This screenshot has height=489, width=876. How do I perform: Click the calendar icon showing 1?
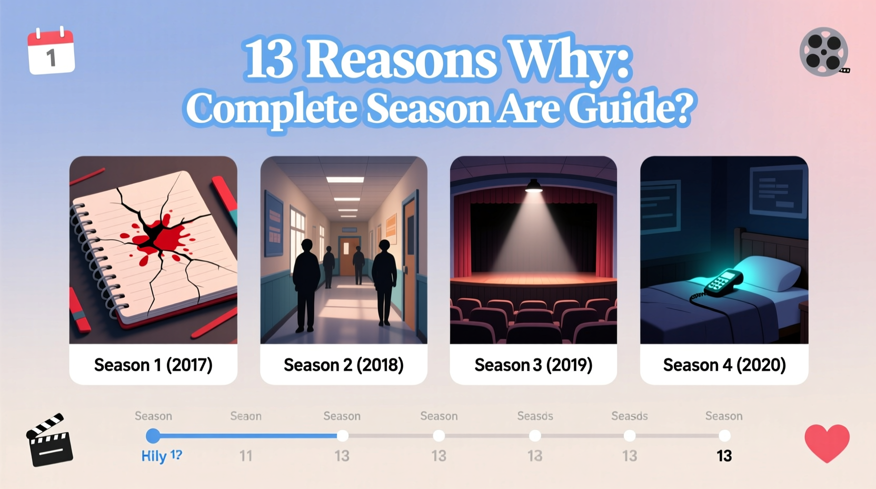[x=51, y=51]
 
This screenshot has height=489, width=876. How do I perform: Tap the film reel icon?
[x=824, y=52]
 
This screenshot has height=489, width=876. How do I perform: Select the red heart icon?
[x=827, y=443]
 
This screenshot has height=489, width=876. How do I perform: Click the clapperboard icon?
[x=49, y=441]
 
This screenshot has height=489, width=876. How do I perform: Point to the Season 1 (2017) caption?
[x=153, y=365]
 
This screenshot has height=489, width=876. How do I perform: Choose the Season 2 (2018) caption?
[x=343, y=365]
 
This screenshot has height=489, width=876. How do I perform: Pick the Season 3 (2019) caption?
[x=533, y=365]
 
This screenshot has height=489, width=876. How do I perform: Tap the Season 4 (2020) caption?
[x=724, y=365]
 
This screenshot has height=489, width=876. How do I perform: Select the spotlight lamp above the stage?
[x=533, y=185]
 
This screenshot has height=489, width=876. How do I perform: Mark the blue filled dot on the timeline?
[x=153, y=436]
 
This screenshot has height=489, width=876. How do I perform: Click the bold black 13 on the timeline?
[x=724, y=456]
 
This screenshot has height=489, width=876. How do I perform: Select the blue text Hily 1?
[x=161, y=456]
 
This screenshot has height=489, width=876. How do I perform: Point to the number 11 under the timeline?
[x=246, y=456]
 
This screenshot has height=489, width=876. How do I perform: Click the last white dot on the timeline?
[x=724, y=436]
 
